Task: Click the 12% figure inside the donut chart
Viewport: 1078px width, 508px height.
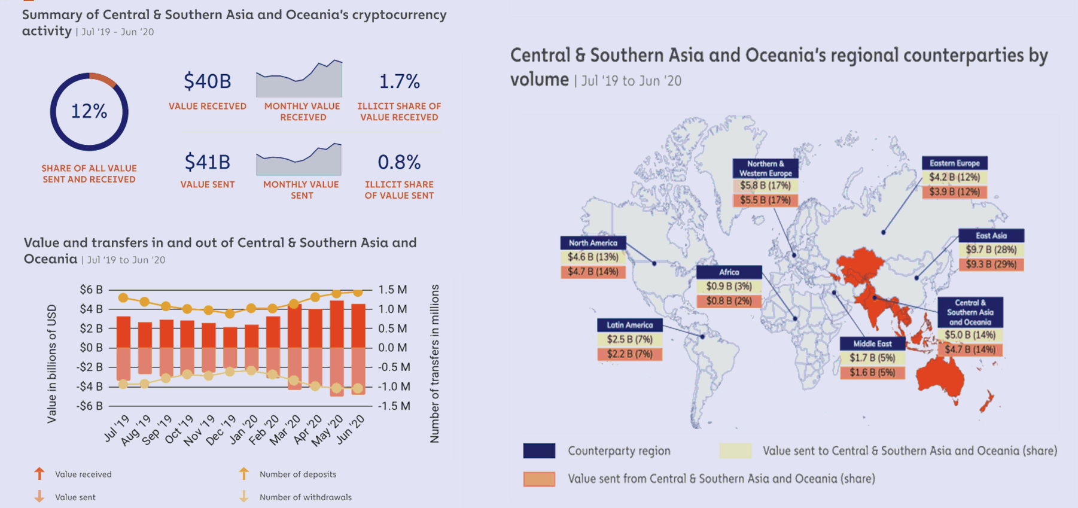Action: [x=89, y=111]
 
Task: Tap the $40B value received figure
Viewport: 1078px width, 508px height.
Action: [x=207, y=81]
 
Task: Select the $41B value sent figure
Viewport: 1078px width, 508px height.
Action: [x=207, y=162]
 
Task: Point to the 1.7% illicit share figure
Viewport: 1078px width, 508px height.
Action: [x=399, y=81]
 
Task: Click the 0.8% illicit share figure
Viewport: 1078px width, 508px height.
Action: [x=399, y=162]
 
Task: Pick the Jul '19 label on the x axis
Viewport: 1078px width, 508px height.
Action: [x=117, y=428]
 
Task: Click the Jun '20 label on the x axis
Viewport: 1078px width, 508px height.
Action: [x=351, y=429]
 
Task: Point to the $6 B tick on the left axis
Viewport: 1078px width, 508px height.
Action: [x=91, y=290]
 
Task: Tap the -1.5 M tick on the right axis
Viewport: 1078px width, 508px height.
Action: [x=394, y=406]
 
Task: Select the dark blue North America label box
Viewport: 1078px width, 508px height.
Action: [x=593, y=242]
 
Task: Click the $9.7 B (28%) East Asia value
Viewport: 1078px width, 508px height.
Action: [x=991, y=250]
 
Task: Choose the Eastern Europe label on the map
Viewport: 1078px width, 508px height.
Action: [x=954, y=163]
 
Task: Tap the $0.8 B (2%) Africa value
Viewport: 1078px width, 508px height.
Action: [x=729, y=301]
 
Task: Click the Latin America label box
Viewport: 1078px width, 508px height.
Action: [x=630, y=325]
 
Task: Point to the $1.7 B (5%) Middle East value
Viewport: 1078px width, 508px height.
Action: [x=872, y=358]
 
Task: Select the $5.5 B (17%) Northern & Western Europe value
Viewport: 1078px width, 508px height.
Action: [x=765, y=200]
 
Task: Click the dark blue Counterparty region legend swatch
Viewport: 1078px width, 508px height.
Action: [x=539, y=451]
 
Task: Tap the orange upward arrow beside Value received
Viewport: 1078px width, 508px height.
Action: [x=39, y=473]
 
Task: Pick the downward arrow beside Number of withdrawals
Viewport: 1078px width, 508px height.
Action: [x=244, y=496]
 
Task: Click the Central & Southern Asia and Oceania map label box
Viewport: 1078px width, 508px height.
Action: [x=970, y=312]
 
